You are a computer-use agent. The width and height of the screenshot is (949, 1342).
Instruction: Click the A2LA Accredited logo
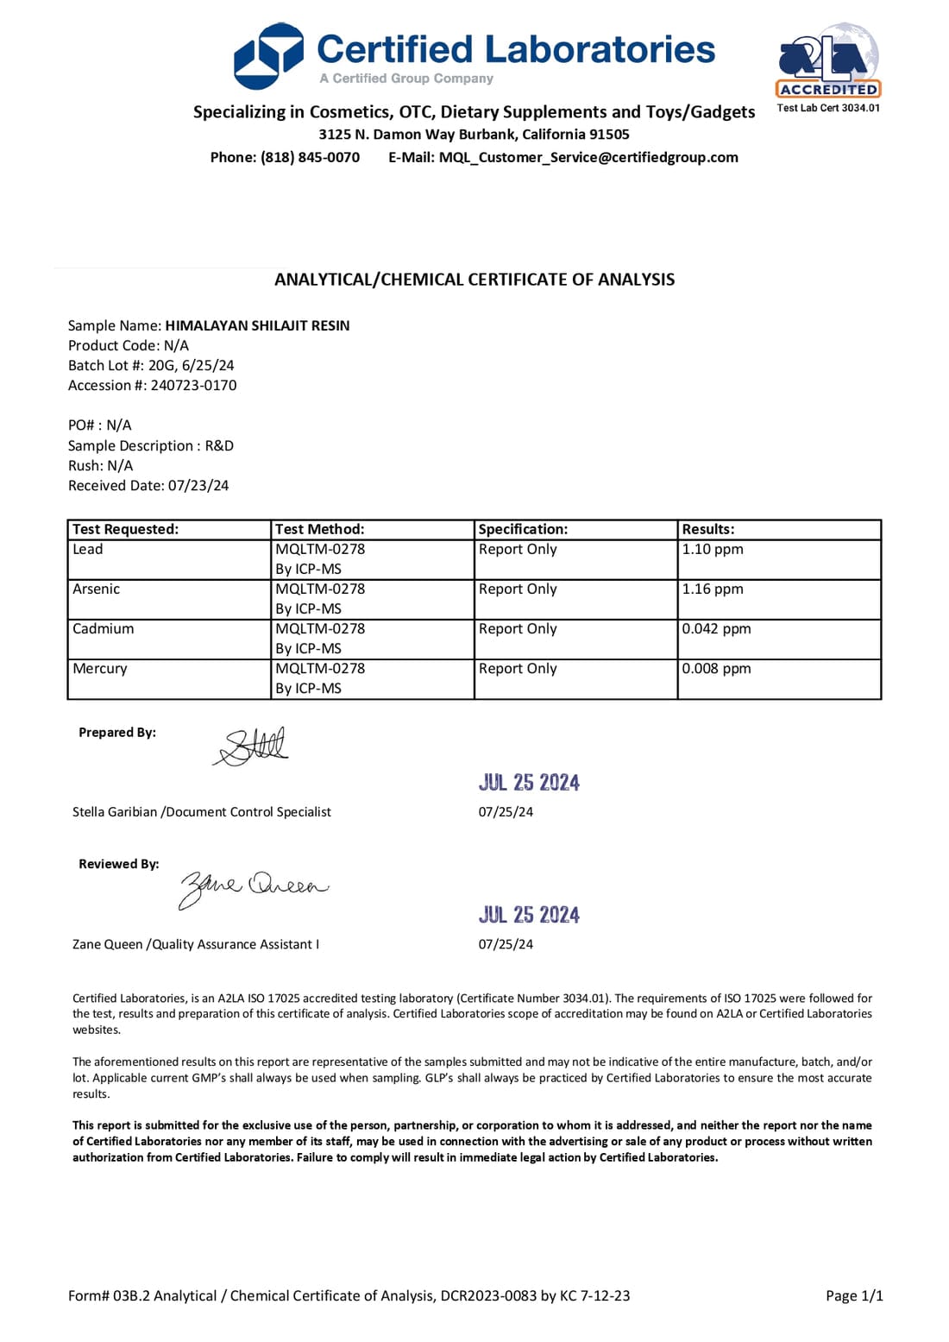point(828,62)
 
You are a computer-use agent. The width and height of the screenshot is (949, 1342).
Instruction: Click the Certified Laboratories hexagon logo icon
point(269,56)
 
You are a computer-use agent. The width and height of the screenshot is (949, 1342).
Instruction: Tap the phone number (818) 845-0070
point(310,157)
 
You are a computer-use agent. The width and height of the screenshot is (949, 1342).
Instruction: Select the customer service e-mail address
point(588,157)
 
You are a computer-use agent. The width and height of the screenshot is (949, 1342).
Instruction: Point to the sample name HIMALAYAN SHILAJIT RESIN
point(257,325)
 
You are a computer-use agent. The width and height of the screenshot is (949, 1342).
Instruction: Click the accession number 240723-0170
point(193,385)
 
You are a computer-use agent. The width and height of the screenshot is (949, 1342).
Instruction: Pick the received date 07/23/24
point(198,485)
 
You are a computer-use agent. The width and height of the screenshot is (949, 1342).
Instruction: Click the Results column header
point(708,529)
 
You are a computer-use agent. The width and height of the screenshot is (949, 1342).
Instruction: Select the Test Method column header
point(319,529)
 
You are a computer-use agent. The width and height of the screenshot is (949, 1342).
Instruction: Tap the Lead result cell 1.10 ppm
point(713,549)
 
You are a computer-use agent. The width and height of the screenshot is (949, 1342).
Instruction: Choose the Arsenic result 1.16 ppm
point(713,589)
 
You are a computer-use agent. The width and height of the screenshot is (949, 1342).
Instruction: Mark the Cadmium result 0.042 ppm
point(716,628)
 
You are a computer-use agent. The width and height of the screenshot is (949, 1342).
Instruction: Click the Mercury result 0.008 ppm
point(716,668)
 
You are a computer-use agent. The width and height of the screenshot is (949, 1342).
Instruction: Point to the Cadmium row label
point(104,628)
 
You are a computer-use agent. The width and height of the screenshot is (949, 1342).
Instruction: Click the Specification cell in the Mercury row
point(518,668)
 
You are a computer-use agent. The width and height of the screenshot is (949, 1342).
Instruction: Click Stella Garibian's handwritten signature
point(252,747)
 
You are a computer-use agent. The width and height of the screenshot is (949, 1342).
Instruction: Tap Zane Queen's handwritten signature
point(252,886)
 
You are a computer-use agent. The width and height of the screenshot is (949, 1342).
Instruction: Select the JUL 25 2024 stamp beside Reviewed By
point(529,915)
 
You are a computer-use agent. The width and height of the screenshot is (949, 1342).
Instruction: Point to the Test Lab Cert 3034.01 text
point(828,108)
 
